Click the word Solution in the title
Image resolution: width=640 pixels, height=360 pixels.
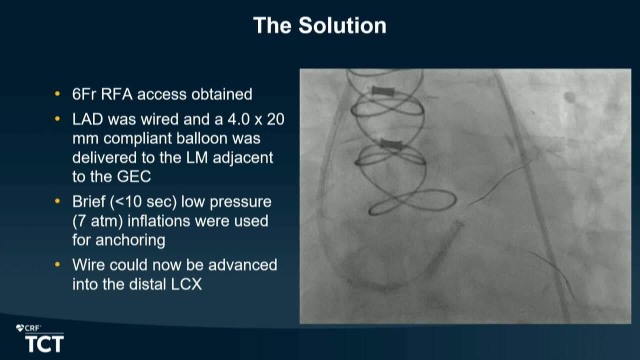click(342, 25)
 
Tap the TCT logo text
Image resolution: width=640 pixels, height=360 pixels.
click(44, 344)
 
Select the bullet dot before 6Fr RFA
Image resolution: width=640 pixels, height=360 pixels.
click(57, 93)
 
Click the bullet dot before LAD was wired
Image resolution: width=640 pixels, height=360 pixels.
click(57, 118)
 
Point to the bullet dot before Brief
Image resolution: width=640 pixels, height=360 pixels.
click(57, 201)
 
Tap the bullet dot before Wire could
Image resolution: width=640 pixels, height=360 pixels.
click(57, 264)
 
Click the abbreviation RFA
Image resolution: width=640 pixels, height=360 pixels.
click(116, 94)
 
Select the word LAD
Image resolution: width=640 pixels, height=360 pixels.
click(87, 119)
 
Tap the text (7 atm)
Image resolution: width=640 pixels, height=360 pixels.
click(97, 221)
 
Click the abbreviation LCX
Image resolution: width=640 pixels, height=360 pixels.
click(186, 284)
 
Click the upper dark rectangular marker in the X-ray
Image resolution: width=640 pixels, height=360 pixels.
click(383, 91)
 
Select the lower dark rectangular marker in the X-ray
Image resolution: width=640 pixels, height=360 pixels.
click(391, 144)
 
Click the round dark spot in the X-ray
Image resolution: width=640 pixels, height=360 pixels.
click(569, 97)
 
